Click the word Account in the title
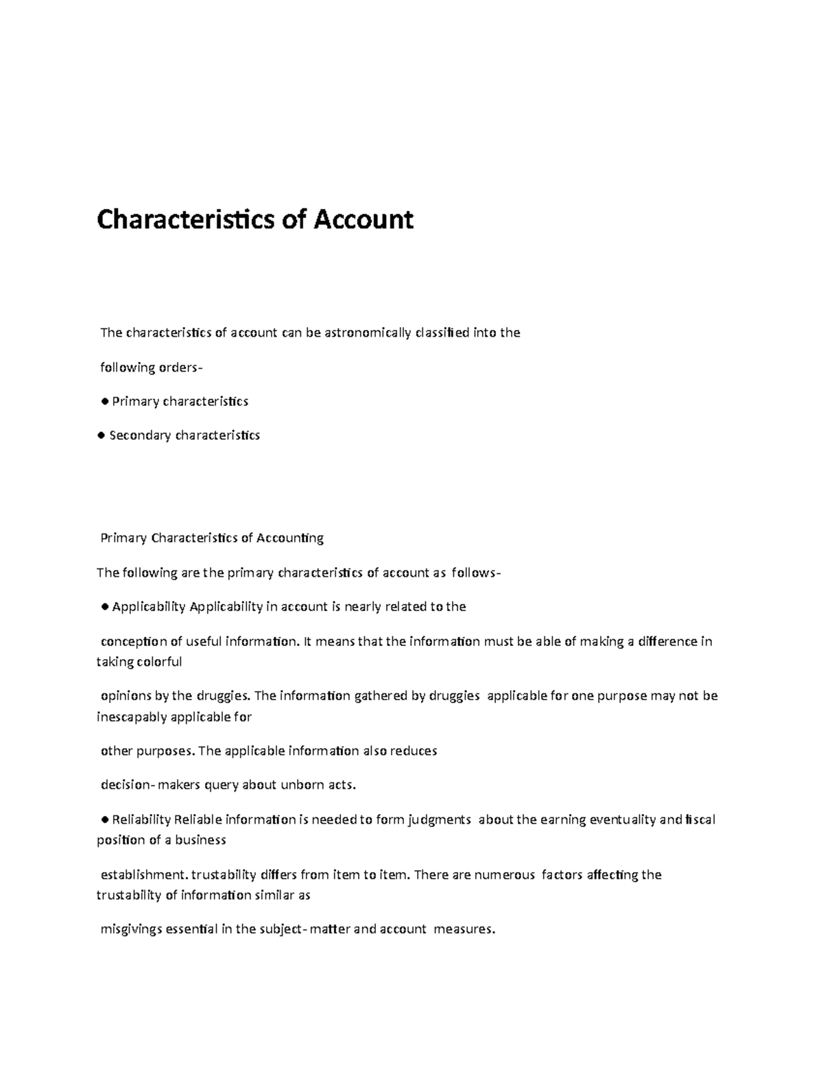(x=363, y=220)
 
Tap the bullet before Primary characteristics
(x=104, y=402)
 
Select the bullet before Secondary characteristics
(x=101, y=435)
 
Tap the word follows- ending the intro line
(x=476, y=573)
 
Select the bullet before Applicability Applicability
(x=104, y=607)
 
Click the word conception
(x=133, y=642)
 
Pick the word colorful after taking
(x=159, y=662)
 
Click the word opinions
(x=126, y=696)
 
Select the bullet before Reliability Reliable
(x=104, y=820)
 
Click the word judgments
(x=439, y=820)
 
